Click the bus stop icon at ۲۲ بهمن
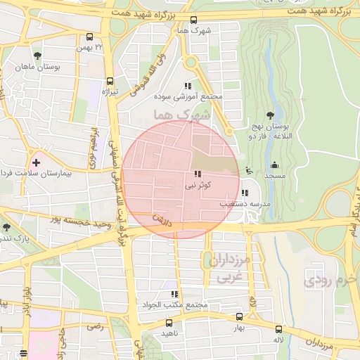(89, 37)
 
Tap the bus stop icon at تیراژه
(110, 81)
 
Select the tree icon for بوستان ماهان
(37, 56)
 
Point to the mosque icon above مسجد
(273, 166)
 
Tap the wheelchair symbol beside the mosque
(249, 169)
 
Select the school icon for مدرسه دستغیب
(244, 193)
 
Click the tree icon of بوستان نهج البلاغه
(271, 115)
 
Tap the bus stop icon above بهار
(239, 317)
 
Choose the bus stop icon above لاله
(279, 329)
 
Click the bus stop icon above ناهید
(167, 321)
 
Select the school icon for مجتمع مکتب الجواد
(174, 294)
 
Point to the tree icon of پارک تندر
(6, 227)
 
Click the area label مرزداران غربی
(226, 268)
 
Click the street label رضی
(94, 326)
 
